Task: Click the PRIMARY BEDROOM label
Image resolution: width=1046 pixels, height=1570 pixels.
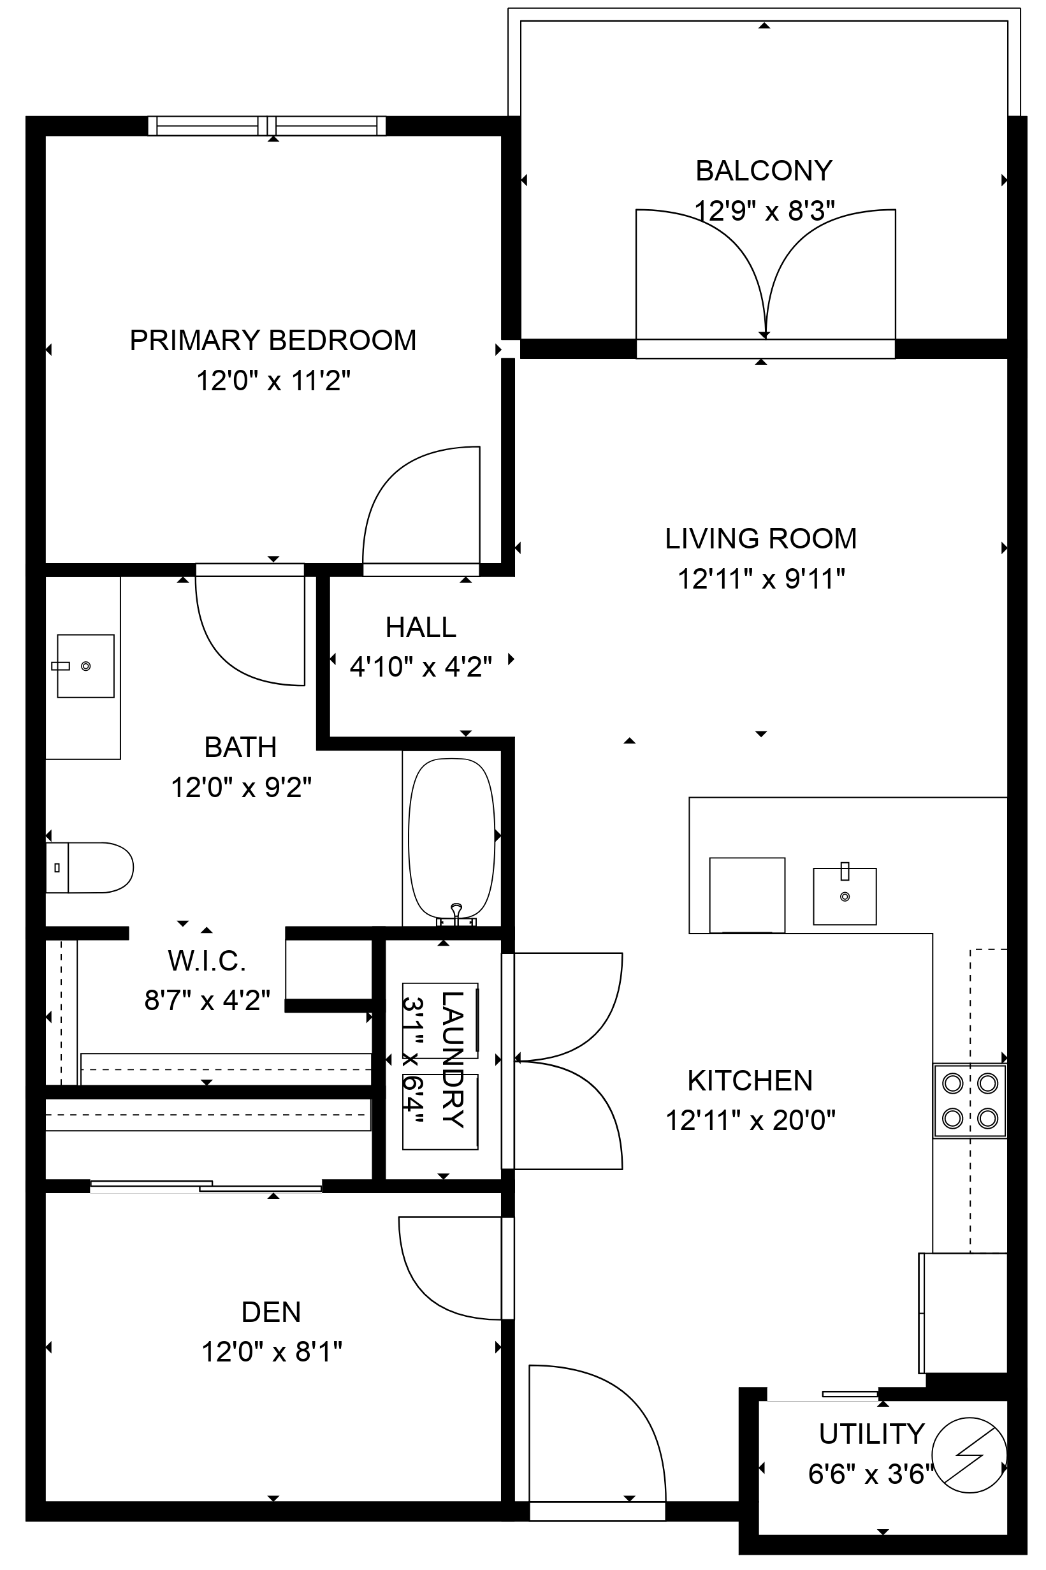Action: tap(272, 341)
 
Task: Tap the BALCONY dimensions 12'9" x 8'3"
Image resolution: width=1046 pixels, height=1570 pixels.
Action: tap(764, 212)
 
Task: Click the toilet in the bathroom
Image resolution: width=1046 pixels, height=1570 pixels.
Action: tap(89, 867)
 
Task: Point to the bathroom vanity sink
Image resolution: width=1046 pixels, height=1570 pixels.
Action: tap(85, 666)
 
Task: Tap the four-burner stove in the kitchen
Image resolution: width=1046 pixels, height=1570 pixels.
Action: tap(970, 1101)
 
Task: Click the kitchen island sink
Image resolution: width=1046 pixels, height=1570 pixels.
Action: tap(845, 896)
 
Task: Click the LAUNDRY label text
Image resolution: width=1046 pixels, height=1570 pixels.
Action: tap(453, 1060)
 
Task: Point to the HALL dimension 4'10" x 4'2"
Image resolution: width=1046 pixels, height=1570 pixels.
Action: tap(421, 666)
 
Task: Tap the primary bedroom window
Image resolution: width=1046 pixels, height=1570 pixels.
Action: tap(267, 126)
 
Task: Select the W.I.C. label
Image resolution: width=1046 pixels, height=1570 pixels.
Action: tap(207, 961)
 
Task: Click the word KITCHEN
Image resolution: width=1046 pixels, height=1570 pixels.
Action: tap(750, 1081)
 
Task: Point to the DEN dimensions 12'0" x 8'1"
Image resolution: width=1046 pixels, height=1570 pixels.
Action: tap(272, 1353)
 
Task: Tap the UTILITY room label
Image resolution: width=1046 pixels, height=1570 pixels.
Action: tap(871, 1434)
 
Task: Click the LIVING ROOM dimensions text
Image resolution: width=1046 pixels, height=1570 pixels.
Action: tap(761, 579)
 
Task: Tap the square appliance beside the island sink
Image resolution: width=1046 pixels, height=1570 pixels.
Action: tap(746, 894)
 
